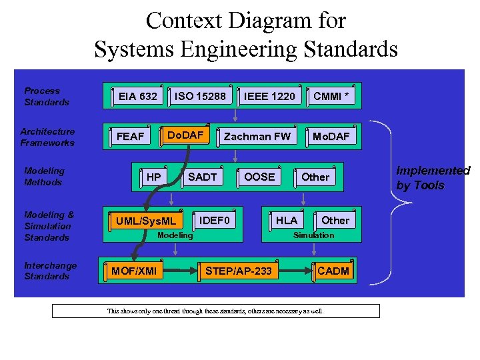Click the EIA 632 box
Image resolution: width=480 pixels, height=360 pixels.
click(138, 96)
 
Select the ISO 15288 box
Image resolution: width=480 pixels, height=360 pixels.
click(200, 96)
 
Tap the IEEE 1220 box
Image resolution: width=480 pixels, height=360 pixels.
click(269, 96)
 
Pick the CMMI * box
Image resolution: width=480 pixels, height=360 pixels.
click(331, 96)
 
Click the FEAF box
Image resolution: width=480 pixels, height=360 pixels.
click(131, 136)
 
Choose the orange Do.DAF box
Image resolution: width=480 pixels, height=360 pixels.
click(185, 135)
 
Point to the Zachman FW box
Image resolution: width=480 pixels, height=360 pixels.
click(257, 136)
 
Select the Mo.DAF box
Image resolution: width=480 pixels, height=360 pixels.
click(331, 136)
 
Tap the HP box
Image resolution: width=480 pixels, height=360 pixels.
click(154, 177)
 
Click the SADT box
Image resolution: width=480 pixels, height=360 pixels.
click(202, 177)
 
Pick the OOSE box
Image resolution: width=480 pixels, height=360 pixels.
click(259, 177)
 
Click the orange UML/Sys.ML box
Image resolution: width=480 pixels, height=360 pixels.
click(146, 221)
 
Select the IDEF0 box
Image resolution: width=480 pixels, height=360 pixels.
click(215, 220)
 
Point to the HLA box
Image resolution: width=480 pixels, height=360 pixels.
click(287, 220)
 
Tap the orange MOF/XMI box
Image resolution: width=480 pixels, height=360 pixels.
click(134, 271)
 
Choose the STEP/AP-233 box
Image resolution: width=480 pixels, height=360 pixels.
click(239, 271)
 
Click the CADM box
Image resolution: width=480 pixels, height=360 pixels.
click(333, 271)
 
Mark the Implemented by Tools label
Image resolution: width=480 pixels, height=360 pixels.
click(433, 178)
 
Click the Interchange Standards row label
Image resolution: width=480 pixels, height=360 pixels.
click(50, 271)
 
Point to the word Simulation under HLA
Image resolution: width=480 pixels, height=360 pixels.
click(314, 235)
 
